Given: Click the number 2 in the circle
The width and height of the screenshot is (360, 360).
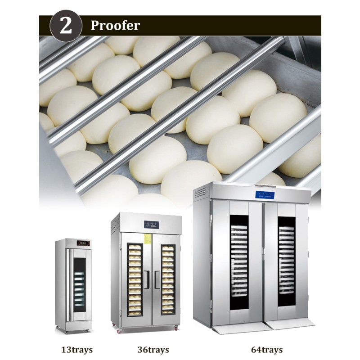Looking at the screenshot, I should (x=66, y=26).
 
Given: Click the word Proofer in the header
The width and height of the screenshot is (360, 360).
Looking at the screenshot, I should (x=115, y=26).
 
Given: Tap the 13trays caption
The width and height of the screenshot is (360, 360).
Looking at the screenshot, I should (x=75, y=349).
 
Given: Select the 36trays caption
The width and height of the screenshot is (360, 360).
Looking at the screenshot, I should (x=153, y=349).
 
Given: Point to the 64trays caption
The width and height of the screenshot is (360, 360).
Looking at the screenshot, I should (x=267, y=349).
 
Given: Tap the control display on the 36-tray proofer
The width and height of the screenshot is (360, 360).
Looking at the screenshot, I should (x=151, y=224).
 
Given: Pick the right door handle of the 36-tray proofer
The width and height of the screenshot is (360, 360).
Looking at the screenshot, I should (x=156, y=279).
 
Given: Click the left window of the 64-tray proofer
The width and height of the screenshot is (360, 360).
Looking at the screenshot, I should (x=239, y=263).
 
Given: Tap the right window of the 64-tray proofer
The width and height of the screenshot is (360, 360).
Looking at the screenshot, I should (x=286, y=263).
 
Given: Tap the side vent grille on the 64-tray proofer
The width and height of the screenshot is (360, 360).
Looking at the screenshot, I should (x=200, y=194).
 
